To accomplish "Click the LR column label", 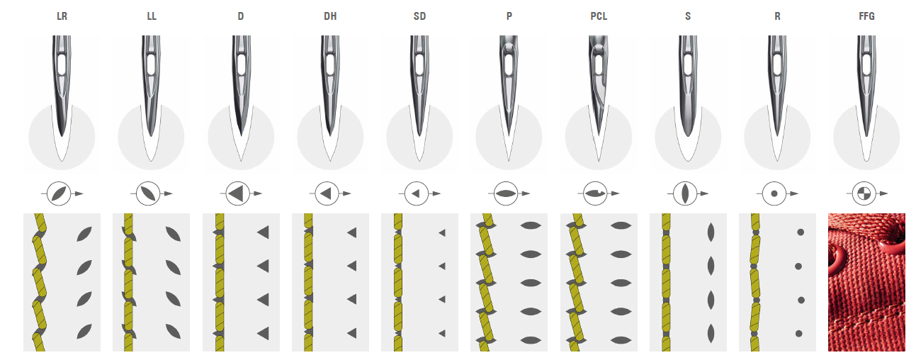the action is (62, 16).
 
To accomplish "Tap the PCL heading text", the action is (599, 16).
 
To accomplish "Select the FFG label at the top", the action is (866, 16).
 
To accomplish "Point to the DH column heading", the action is (330, 16).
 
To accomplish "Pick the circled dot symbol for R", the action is (774, 193).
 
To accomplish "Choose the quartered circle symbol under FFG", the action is (864, 193).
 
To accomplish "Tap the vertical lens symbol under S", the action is (685, 193).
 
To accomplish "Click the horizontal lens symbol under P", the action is (506, 193).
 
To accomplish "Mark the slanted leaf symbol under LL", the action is (148, 193).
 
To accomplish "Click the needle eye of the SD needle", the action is (419, 64).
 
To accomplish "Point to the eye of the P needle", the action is (509, 64).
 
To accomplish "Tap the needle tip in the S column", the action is (688, 136).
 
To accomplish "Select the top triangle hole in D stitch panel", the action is (263, 232).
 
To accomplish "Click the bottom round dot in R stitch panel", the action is (798, 334).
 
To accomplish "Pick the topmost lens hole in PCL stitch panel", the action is (621, 225).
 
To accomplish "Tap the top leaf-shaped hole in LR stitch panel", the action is (84, 234).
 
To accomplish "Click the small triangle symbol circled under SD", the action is (416, 193).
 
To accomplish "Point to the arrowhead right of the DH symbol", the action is (347, 193).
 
